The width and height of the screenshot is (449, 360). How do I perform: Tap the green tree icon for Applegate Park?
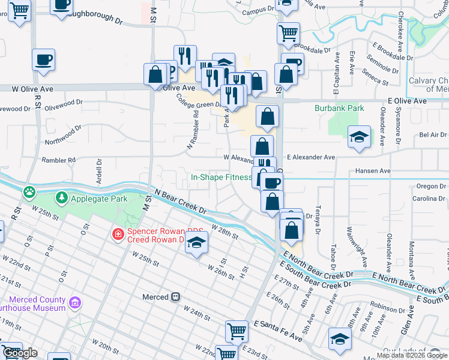click(x=61, y=197)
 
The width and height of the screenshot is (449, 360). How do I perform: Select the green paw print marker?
click(x=28, y=192)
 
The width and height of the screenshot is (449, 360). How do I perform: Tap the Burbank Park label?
click(x=339, y=109)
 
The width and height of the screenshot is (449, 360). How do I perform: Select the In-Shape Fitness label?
click(x=221, y=178)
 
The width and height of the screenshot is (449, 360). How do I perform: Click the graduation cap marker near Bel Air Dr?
click(x=359, y=137)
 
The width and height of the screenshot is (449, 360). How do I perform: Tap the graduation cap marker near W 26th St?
click(x=196, y=243)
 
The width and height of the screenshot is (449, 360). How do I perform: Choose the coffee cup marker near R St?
click(x=43, y=59)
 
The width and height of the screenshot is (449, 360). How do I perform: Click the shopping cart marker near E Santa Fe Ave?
click(x=237, y=330)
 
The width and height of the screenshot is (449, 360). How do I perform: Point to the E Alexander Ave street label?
click(x=310, y=157)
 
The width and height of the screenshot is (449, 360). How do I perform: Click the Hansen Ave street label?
click(x=373, y=171)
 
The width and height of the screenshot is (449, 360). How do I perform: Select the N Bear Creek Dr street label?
click(x=180, y=202)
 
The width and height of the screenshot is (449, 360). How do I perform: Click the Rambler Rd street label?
click(x=58, y=160)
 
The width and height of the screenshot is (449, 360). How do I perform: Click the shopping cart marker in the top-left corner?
click(x=20, y=10)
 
